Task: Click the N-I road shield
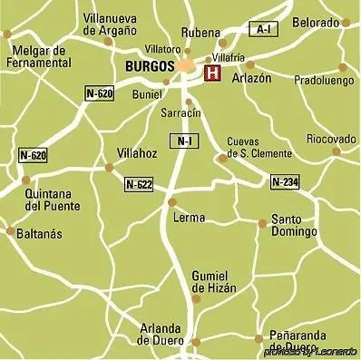click(x=185, y=141)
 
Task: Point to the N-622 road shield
click(x=139, y=185)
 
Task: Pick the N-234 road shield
click(x=284, y=182)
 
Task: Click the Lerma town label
click(x=188, y=218)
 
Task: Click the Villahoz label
click(x=137, y=153)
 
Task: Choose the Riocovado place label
click(x=330, y=139)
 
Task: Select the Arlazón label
click(x=251, y=79)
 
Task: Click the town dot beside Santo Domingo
click(x=262, y=222)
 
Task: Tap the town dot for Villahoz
click(x=110, y=167)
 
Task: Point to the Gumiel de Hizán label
click(x=214, y=280)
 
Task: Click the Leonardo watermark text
click(x=310, y=351)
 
